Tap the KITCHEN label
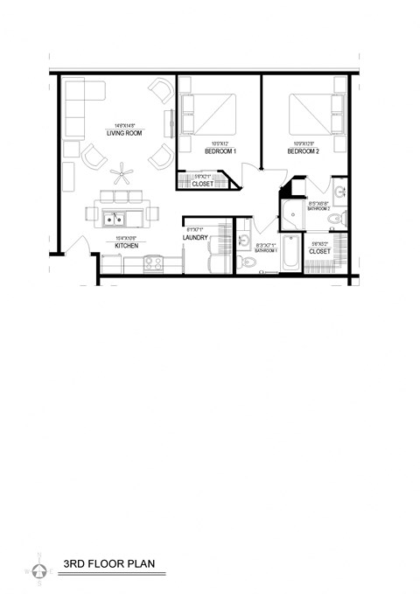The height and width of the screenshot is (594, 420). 128,246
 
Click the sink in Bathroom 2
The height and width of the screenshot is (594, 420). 339,192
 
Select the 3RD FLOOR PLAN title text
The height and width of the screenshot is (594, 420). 108,564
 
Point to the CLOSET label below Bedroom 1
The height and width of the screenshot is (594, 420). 202,184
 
